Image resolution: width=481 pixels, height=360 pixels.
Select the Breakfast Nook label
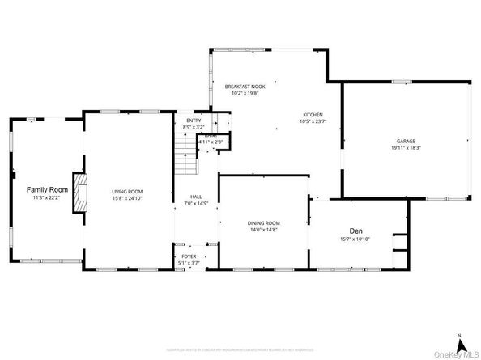[x=245, y=86]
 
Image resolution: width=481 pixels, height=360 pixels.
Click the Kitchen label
[x=313, y=115]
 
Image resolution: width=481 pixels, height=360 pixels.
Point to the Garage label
[x=406, y=141]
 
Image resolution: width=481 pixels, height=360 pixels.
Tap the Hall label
[x=196, y=197]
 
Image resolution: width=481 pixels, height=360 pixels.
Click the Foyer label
[x=189, y=256]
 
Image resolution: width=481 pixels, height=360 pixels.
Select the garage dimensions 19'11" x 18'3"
[x=406, y=147]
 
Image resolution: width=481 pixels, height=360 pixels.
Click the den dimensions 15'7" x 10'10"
[x=355, y=239]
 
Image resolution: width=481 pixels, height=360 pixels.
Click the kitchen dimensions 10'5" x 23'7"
[x=313, y=121]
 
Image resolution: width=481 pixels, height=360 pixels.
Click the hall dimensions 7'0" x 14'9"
[x=196, y=203]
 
